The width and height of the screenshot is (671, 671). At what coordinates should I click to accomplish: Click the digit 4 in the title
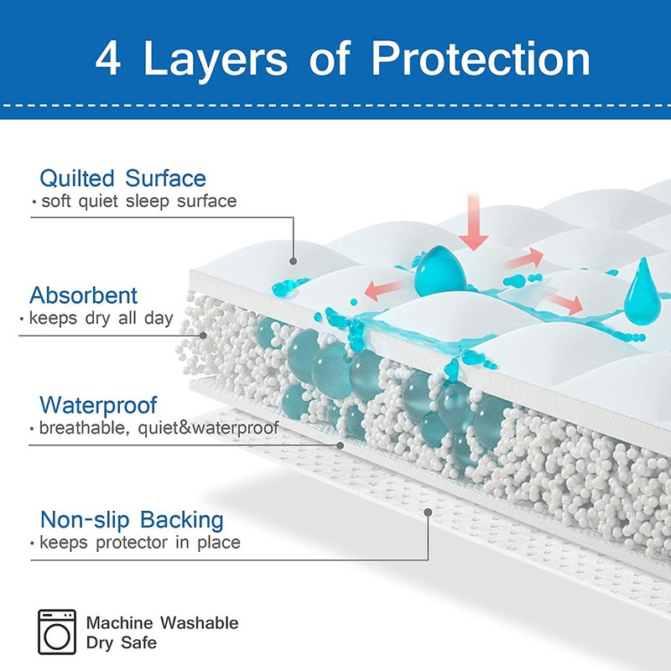[x=111, y=60]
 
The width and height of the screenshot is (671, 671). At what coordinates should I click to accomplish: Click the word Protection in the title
[x=481, y=60]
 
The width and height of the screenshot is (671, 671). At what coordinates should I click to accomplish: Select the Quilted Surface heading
[x=122, y=179]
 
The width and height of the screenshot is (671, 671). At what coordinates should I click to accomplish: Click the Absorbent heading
[x=84, y=295]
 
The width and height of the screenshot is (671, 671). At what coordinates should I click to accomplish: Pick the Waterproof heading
[x=98, y=406]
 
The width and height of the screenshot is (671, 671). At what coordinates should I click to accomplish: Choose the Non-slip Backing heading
[x=132, y=518]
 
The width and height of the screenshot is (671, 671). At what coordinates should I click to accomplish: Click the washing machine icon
[x=57, y=632]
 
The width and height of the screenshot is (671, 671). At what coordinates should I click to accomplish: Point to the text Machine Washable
[x=162, y=623]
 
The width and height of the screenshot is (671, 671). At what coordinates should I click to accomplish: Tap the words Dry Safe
[x=122, y=643]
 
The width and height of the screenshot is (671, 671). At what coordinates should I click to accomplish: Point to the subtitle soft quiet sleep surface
[x=138, y=201]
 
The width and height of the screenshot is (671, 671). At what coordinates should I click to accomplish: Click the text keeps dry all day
[x=101, y=318]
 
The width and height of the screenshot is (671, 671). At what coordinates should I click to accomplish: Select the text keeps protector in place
[x=140, y=543]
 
